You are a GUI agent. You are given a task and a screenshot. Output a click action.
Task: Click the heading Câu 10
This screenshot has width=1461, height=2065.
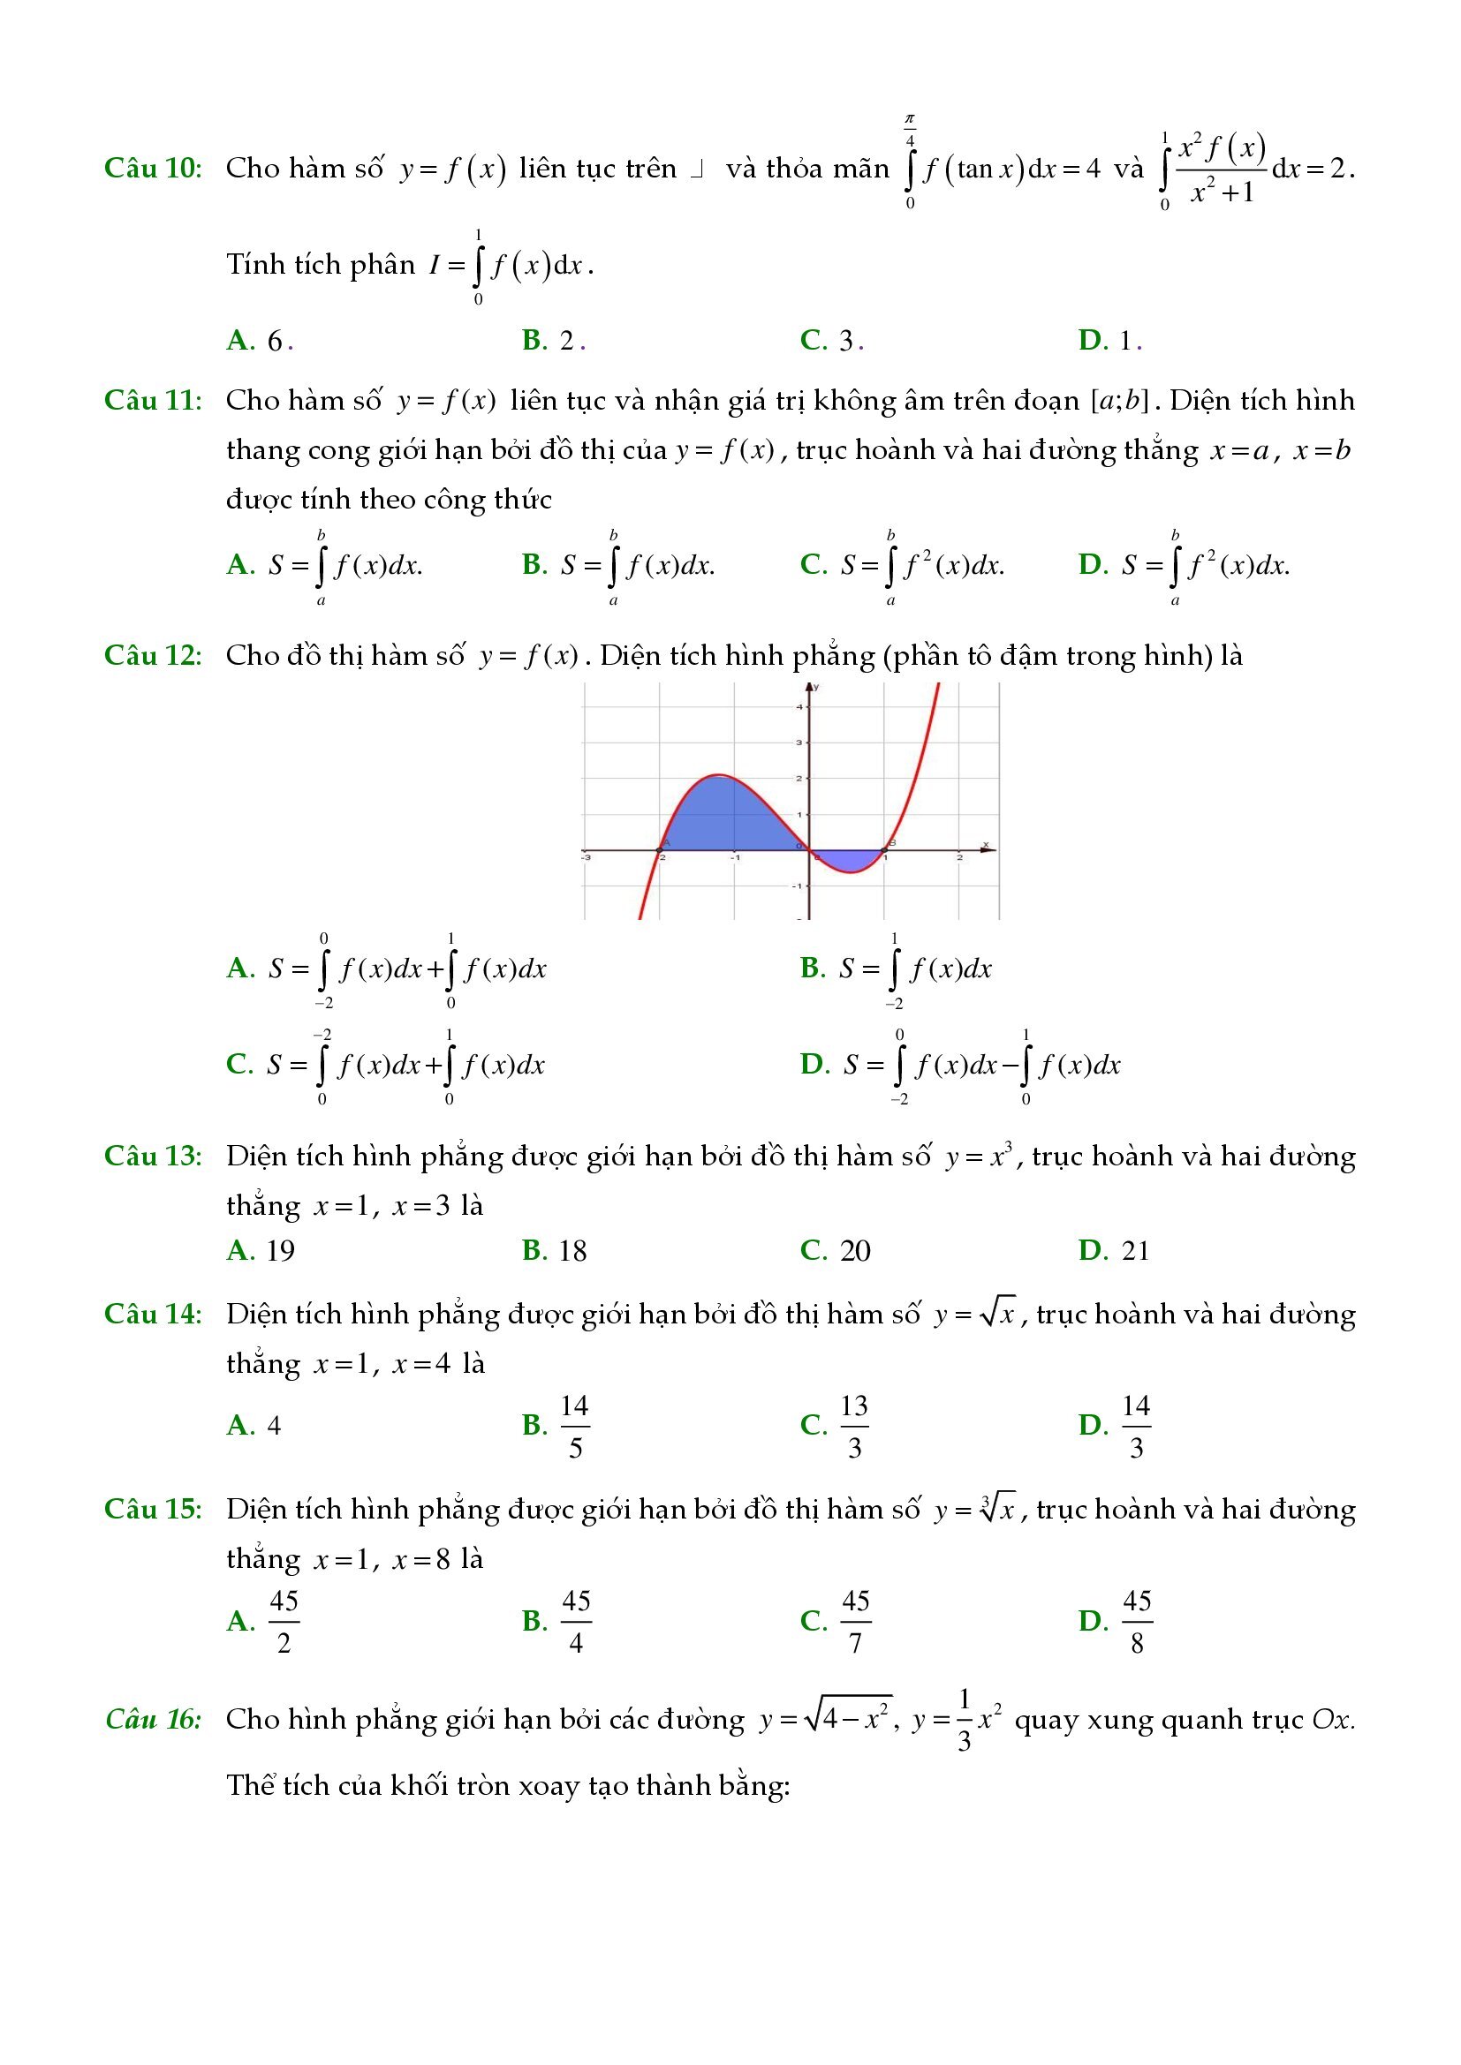click(x=153, y=169)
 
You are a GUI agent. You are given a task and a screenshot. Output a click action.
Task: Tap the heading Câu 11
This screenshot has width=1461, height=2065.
click(x=153, y=400)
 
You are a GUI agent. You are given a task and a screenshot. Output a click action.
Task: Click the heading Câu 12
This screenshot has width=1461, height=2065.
click(x=153, y=656)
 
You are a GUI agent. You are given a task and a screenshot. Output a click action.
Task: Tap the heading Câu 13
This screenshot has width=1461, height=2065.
click(x=153, y=1156)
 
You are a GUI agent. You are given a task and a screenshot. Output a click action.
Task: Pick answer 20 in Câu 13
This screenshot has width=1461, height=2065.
click(x=836, y=1251)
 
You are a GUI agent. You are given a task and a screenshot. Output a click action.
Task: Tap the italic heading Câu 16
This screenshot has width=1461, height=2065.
click(x=153, y=1720)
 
